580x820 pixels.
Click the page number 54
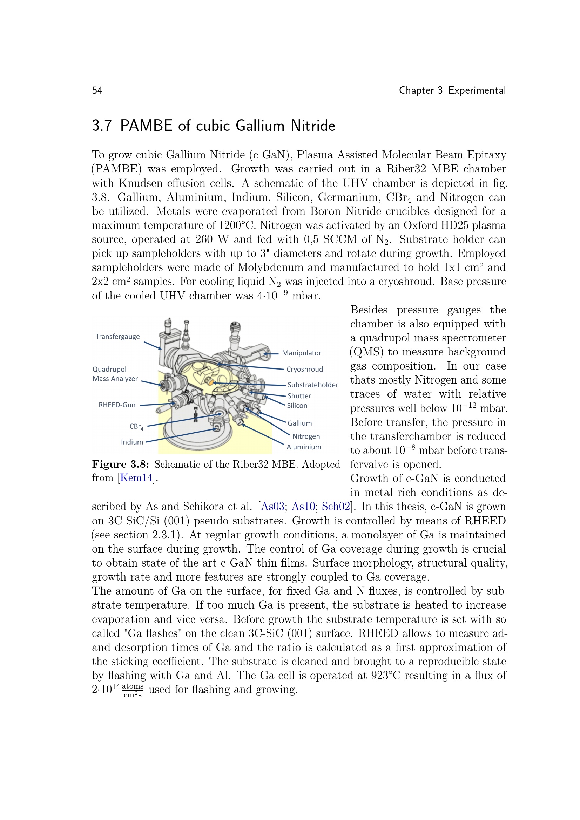(97, 90)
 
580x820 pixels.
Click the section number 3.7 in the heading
(102, 126)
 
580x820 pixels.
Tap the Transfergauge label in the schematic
(117, 337)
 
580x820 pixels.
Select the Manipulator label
(302, 353)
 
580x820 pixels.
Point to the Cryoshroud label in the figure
(304, 369)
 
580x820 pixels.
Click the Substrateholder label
(312, 385)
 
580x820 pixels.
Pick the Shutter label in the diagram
(299, 396)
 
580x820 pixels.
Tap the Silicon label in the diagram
(297, 405)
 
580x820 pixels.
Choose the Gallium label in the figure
(299, 423)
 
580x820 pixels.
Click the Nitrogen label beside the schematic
(306, 436)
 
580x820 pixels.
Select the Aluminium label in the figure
(304, 447)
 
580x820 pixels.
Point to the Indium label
(132, 442)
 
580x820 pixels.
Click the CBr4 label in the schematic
(136, 427)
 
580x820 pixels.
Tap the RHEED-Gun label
(117, 405)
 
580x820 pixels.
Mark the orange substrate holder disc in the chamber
(211, 382)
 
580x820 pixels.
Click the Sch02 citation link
(336, 507)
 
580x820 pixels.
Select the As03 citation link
(272, 507)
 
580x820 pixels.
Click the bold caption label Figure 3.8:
(120, 464)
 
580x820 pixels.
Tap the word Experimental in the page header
(477, 90)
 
